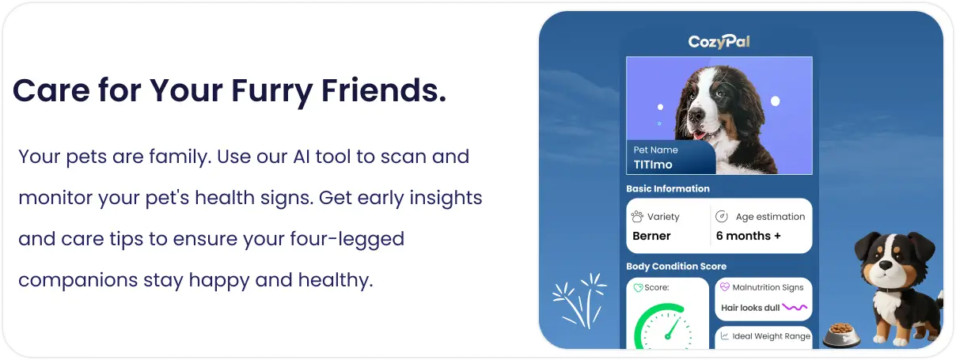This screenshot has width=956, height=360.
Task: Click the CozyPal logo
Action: pyautogui.click(x=719, y=42)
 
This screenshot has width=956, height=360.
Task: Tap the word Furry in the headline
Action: pyautogui.click(x=272, y=91)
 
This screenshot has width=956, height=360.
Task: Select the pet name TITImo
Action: pyautogui.click(x=653, y=165)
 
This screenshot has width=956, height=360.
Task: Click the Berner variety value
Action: pyautogui.click(x=651, y=236)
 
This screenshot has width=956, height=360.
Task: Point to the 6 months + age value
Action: pyautogui.click(x=748, y=236)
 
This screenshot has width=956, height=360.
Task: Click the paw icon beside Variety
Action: pyautogui.click(x=637, y=217)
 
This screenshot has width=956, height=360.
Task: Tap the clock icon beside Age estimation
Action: pyautogui.click(x=721, y=217)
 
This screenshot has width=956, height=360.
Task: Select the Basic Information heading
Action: pyautogui.click(x=668, y=188)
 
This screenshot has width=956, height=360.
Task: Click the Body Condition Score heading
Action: pyautogui.click(x=676, y=266)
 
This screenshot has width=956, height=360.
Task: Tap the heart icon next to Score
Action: pyautogui.click(x=638, y=288)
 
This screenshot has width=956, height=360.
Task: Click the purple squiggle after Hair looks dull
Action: pyautogui.click(x=795, y=307)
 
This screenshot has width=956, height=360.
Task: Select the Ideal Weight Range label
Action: pyautogui.click(x=771, y=336)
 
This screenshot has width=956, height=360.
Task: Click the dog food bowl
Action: pyautogui.click(x=841, y=335)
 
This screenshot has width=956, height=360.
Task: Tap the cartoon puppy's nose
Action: pyautogui.click(x=886, y=265)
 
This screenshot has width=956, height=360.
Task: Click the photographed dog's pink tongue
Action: pyautogui.click(x=700, y=135)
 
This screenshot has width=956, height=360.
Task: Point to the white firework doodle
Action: pyautogui.click(x=579, y=301)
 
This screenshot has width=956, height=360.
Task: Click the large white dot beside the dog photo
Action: pyautogui.click(x=775, y=101)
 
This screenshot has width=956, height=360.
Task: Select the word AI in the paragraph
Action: pyautogui.click(x=302, y=157)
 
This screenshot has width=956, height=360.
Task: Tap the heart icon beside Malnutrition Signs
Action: pyautogui.click(x=725, y=287)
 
